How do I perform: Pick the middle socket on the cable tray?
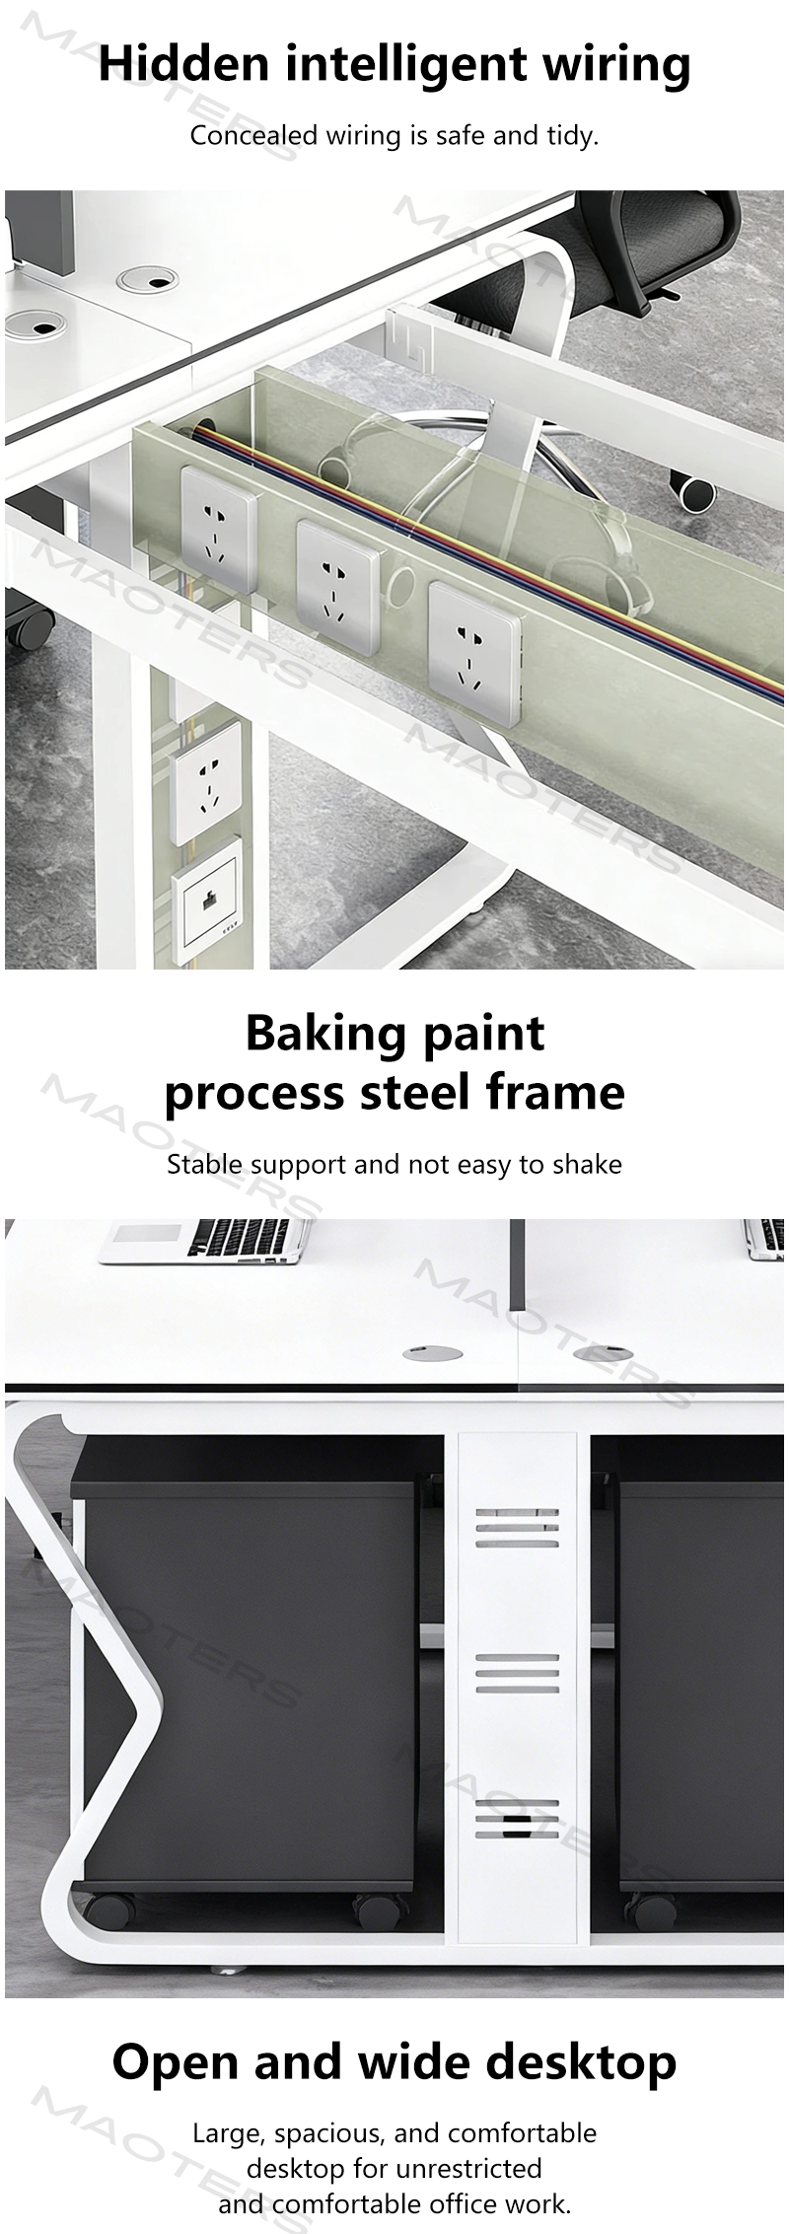[338, 586]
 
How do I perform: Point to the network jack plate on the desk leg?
[207, 901]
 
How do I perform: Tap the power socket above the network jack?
[205, 782]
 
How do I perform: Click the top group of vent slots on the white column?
[517, 1528]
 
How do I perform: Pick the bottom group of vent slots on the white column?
[517, 1820]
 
